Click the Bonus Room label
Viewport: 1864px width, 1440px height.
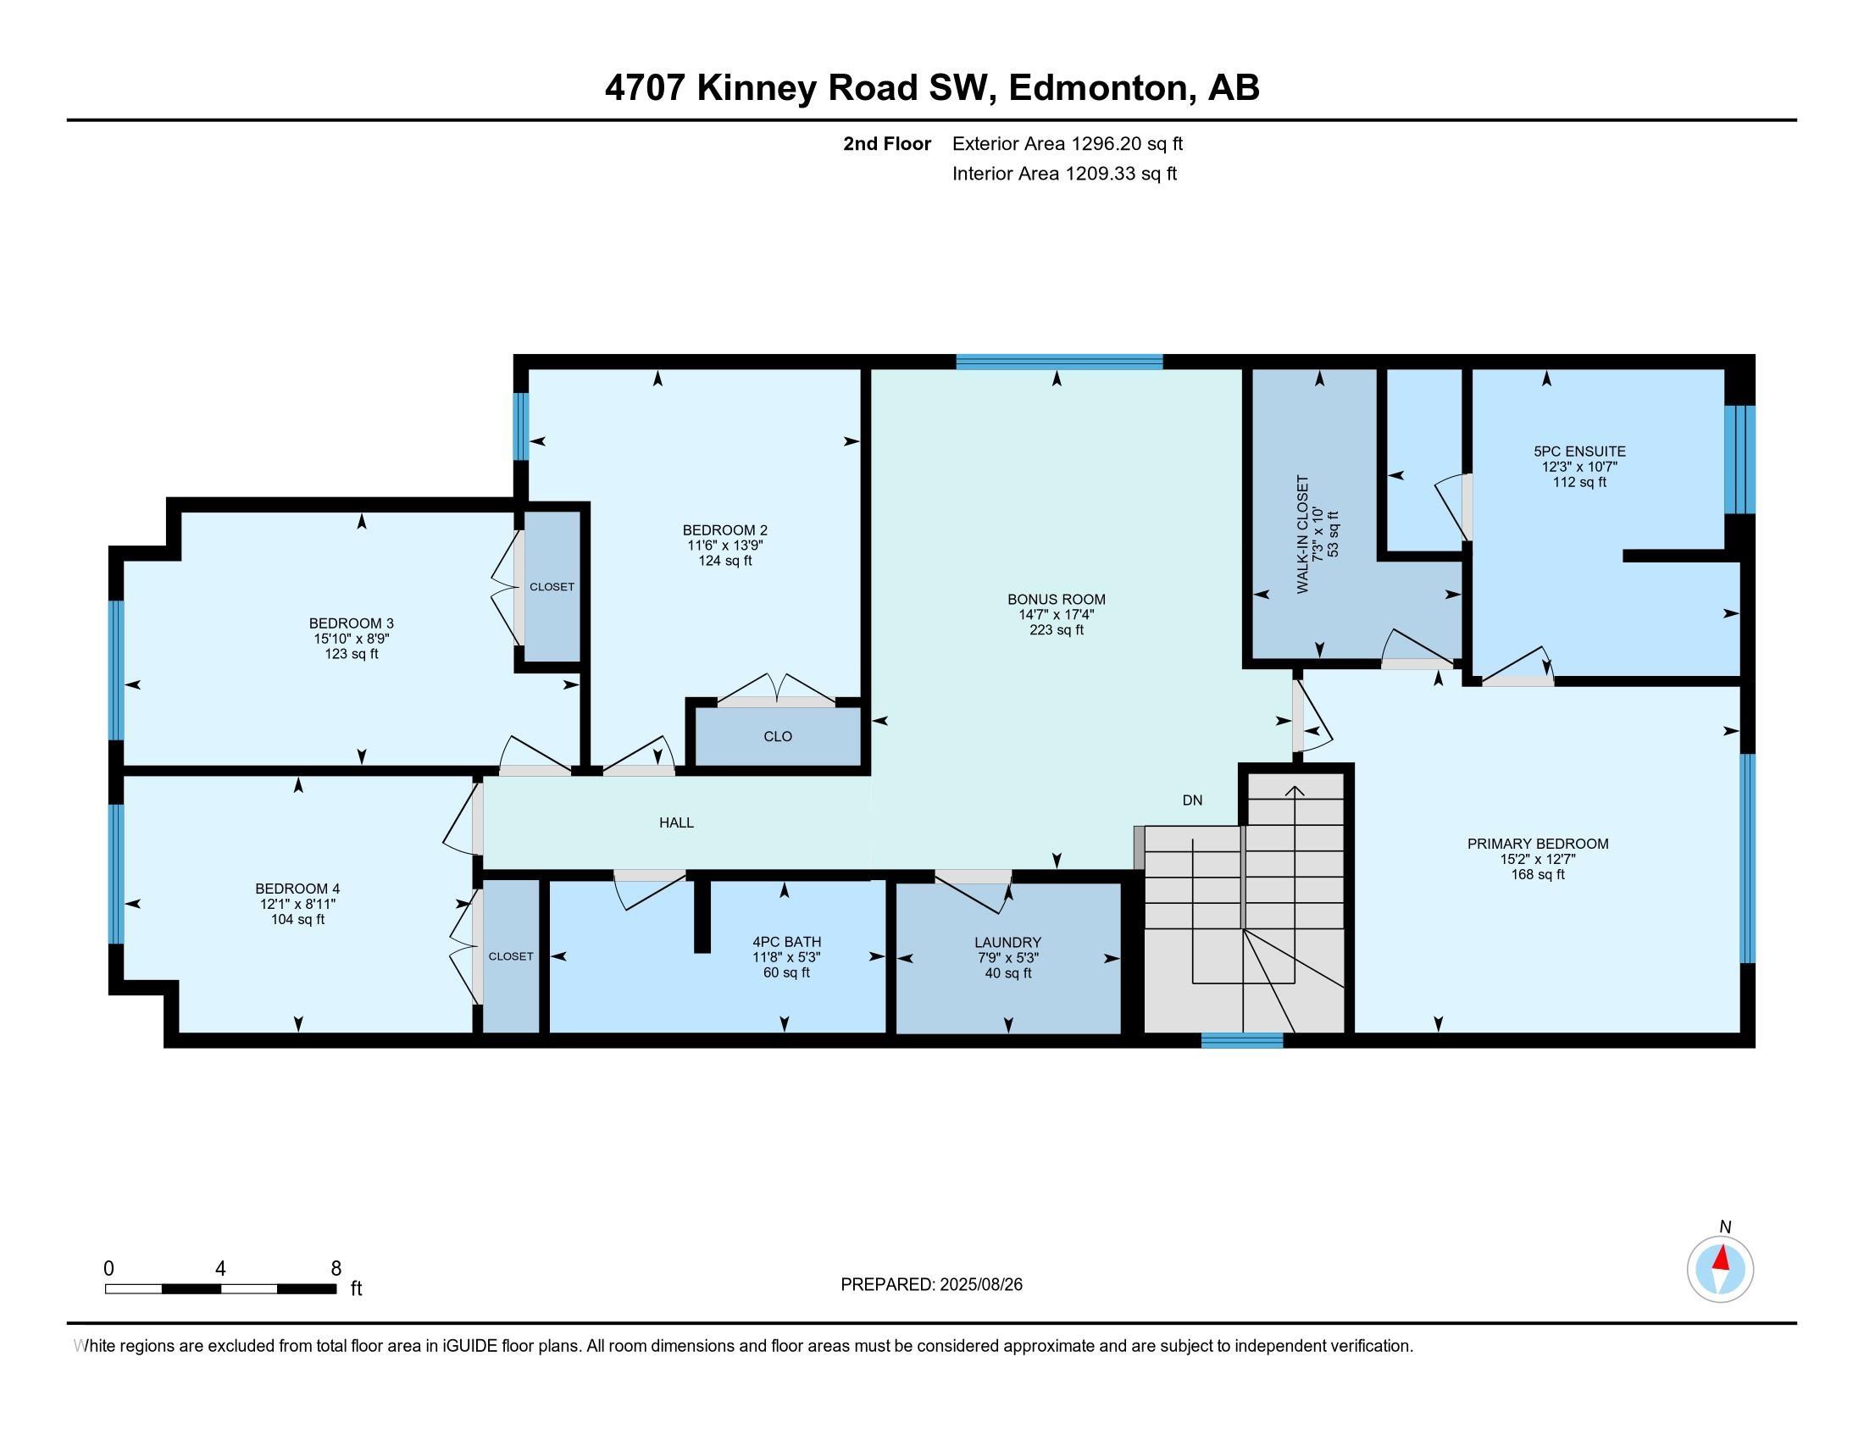[1056, 600]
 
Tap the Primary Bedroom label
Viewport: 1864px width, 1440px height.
[1537, 844]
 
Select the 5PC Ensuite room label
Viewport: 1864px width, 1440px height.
[1579, 451]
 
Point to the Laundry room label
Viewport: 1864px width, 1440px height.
[1008, 943]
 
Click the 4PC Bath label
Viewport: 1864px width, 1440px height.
[786, 942]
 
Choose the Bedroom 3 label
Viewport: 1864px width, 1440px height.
[351, 623]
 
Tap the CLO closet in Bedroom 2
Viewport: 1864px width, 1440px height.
[778, 736]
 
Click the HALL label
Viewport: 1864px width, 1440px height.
[676, 822]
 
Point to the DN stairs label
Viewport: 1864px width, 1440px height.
[1192, 800]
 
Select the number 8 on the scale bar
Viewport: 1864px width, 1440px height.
[336, 1269]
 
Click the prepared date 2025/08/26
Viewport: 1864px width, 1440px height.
[979, 1284]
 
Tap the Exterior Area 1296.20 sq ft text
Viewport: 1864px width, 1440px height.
[1068, 143]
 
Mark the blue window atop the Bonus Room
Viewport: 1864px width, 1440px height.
[1059, 362]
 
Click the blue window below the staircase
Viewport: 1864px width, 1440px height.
[1242, 1040]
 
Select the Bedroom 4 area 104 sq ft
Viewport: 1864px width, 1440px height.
[297, 920]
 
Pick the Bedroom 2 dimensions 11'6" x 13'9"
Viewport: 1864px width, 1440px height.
[724, 546]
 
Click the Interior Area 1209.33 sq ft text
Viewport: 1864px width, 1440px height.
[1064, 174]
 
